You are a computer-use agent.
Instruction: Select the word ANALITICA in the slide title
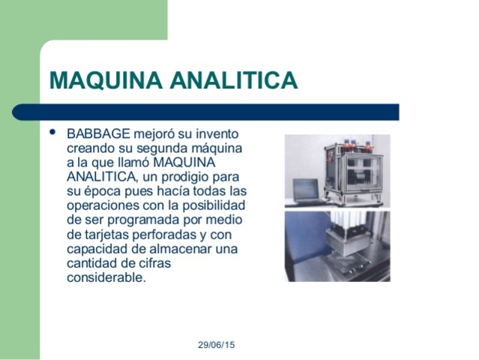coord(233,80)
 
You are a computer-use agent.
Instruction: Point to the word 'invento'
coord(220,134)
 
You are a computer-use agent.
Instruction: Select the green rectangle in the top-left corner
coord(82,19)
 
